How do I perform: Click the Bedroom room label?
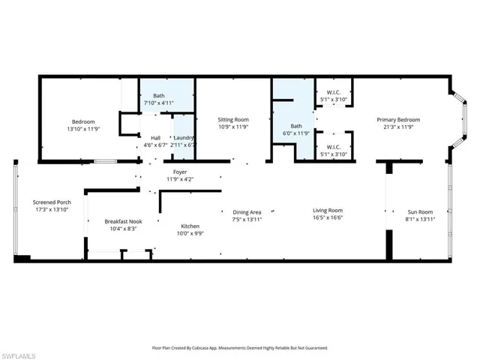[83, 121]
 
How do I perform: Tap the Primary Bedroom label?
[397, 120]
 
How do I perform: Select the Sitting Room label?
[232, 120]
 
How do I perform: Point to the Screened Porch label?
[52, 202]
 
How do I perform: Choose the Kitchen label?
[190, 226]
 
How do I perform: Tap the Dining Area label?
[247, 212]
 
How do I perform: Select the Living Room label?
[328, 211]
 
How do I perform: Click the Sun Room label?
[420, 212]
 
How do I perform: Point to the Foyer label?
[179, 172]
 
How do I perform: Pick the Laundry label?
[184, 138]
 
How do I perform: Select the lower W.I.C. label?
[334, 147]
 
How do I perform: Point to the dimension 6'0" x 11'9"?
[296, 133]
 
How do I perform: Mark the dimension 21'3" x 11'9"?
[397, 127]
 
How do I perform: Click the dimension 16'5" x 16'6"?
[328, 218]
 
